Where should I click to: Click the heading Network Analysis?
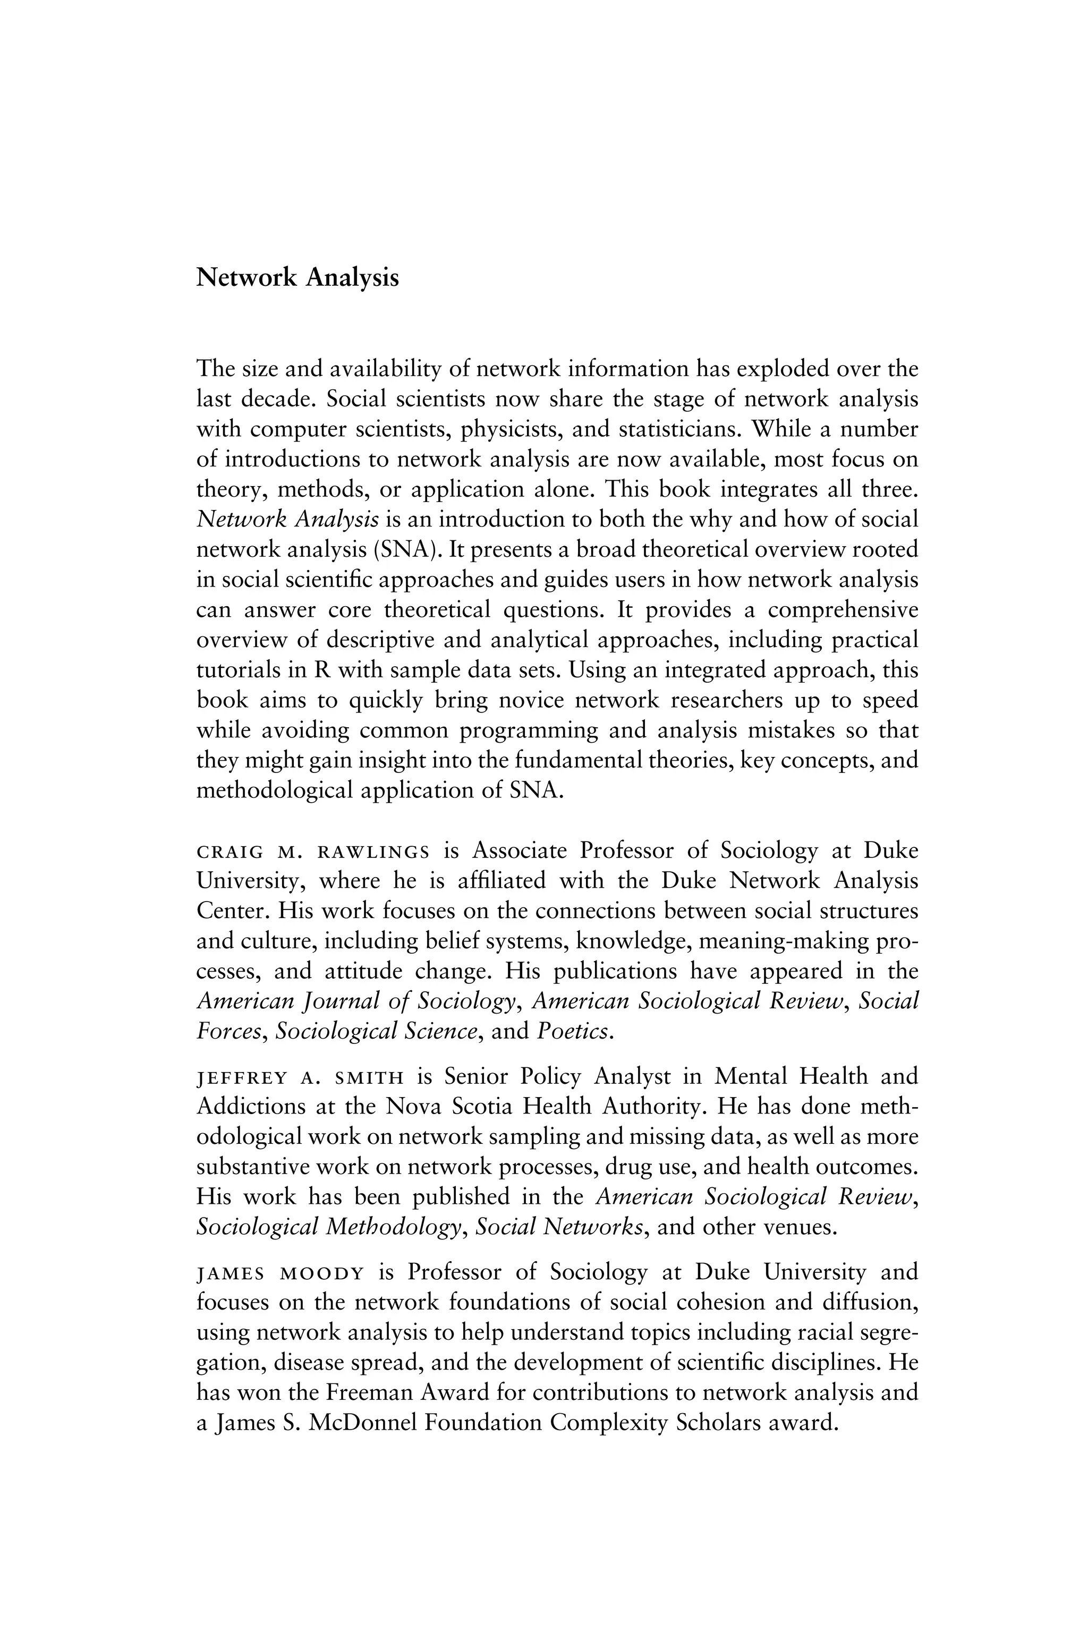tap(297, 277)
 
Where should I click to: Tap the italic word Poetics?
tap(574, 1032)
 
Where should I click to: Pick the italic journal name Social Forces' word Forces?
tap(229, 1032)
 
